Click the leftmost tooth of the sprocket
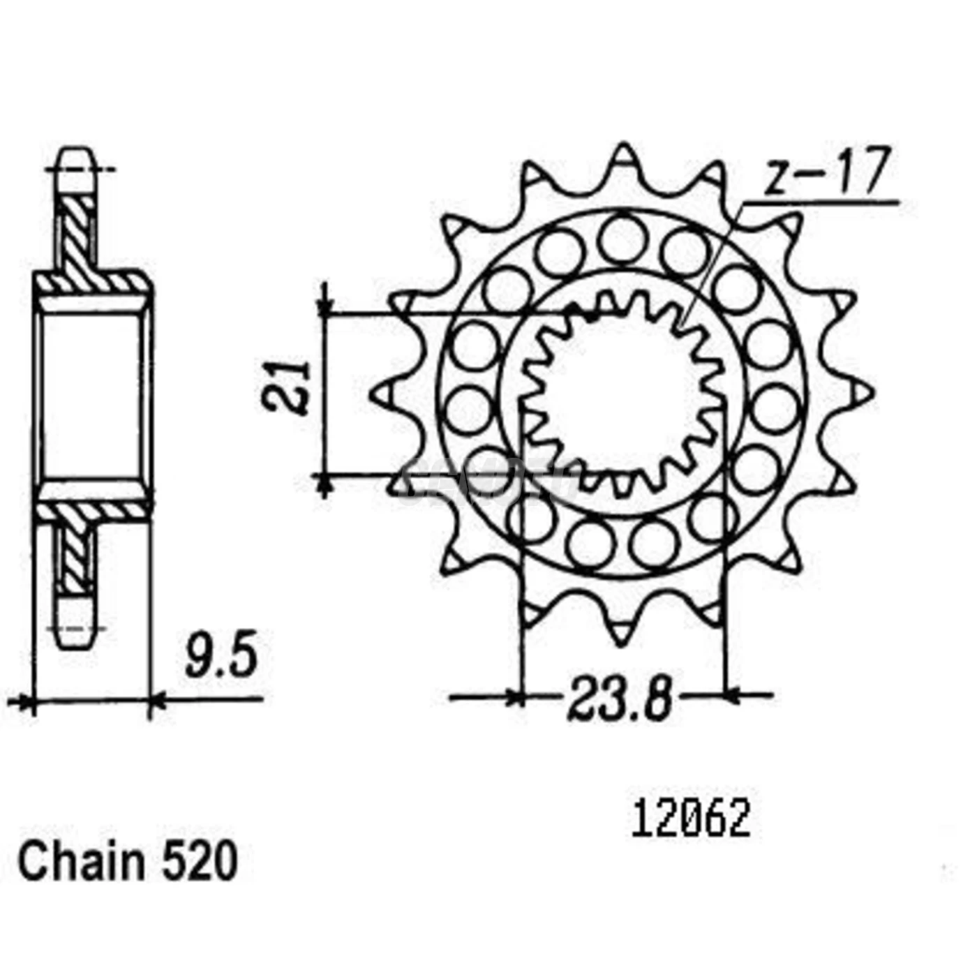click(x=384, y=394)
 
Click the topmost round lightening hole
click(x=620, y=237)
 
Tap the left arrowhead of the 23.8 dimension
click(x=515, y=696)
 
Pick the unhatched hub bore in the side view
click(x=94, y=395)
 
